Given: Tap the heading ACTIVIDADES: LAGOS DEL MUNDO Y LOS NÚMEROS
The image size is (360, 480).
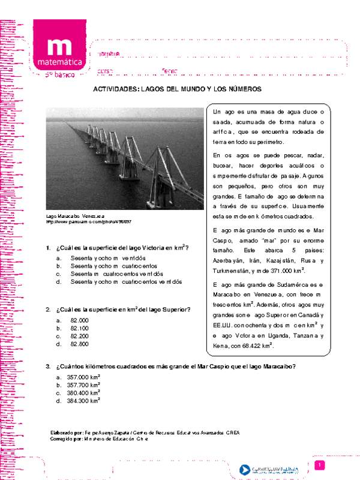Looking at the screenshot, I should point(177,88).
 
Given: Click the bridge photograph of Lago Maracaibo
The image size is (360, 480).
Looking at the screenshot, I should point(125,158).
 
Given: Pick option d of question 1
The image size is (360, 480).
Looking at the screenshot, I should point(126,281).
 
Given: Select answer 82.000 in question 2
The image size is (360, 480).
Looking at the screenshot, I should point(79,321).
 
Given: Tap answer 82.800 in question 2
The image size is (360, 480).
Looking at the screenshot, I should point(79,344).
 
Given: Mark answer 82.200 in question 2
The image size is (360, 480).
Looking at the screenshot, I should point(79,337).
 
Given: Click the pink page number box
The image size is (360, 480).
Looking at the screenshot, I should point(320,466).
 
